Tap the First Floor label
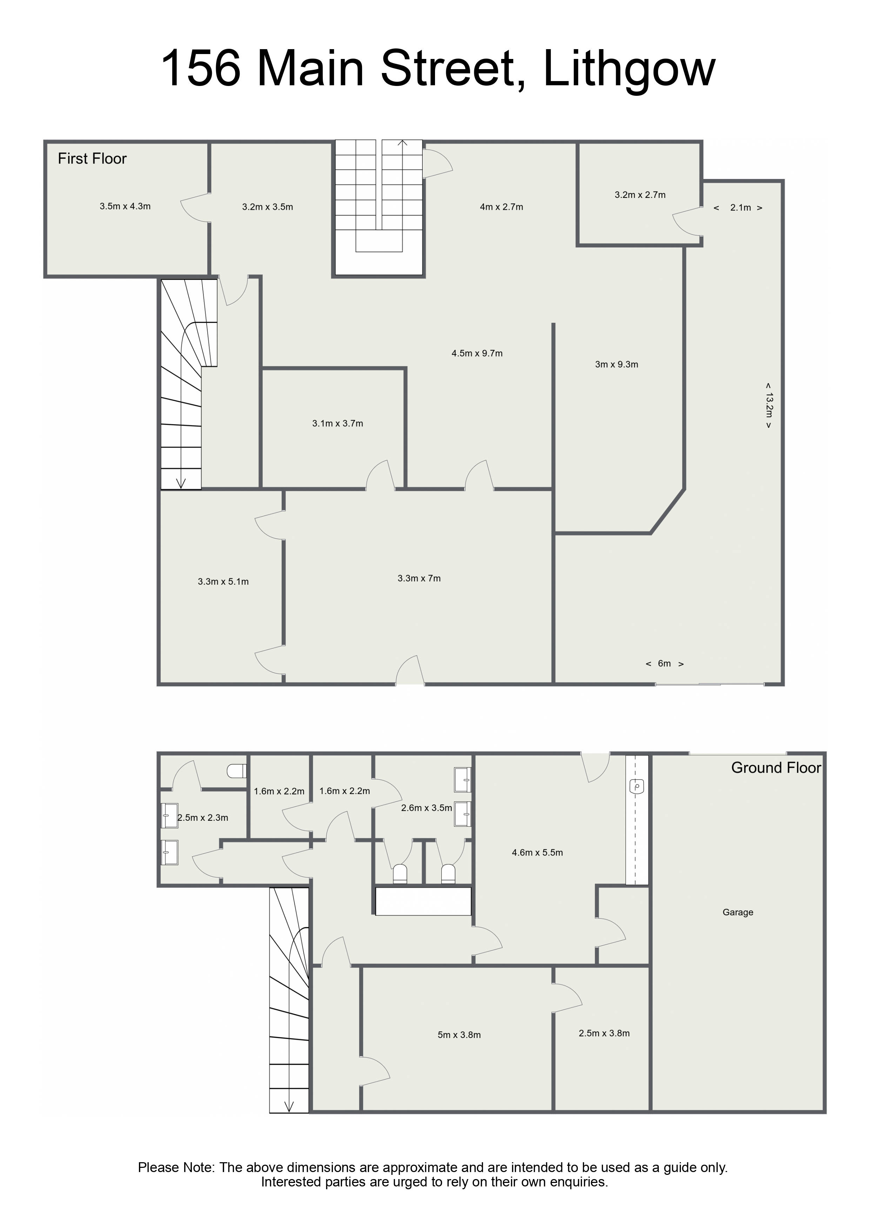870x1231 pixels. click(x=92, y=159)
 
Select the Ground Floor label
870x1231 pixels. click(x=776, y=768)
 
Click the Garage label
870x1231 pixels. click(x=738, y=912)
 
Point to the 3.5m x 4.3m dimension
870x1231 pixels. click(x=125, y=206)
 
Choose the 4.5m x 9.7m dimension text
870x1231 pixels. click(x=477, y=353)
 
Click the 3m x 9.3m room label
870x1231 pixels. click(x=616, y=365)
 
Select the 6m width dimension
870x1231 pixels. click(x=665, y=664)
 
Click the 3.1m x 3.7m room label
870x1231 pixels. click(x=338, y=424)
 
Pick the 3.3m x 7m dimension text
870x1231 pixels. click(x=419, y=579)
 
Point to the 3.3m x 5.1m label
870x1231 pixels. click(x=223, y=582)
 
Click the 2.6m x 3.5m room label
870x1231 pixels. click(x=427, y=808)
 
